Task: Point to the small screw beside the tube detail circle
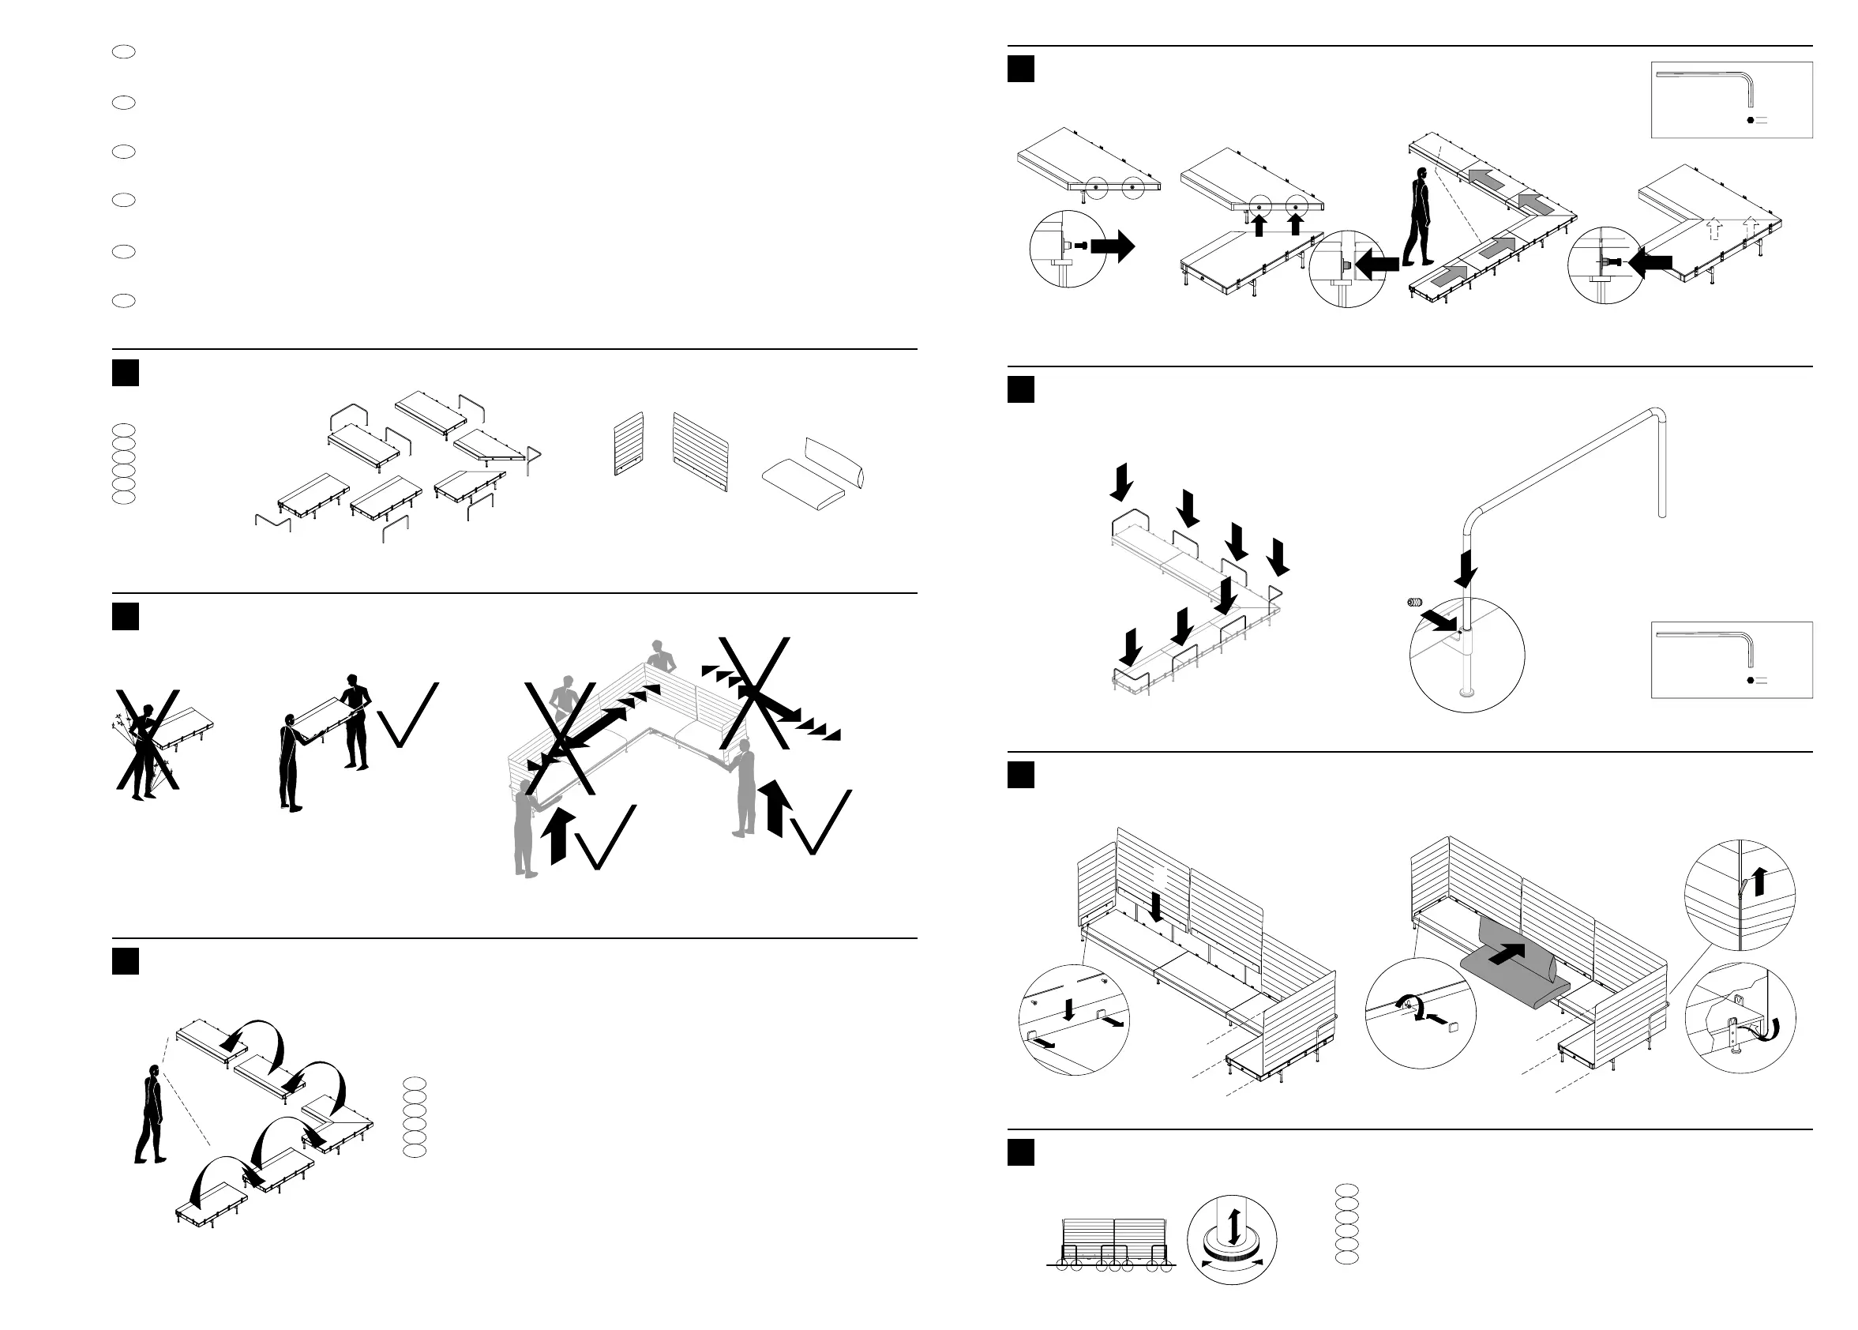(x=1414, y=603)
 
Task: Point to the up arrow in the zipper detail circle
(x=1759, y=881)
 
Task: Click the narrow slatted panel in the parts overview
(x=629, y=444)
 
